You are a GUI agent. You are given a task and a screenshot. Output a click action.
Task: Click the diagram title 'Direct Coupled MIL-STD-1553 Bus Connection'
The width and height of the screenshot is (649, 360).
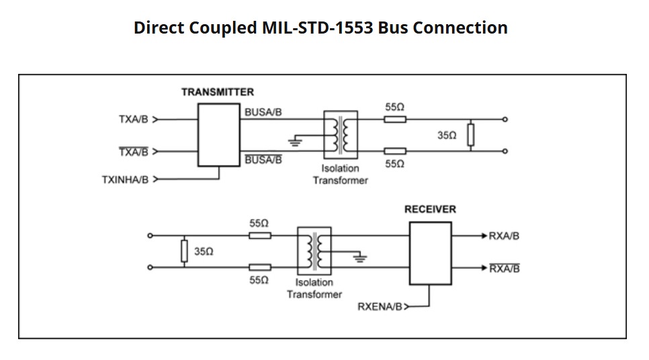(x=320, y=28)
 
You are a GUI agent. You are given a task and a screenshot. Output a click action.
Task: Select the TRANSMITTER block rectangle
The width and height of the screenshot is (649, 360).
(x=218, y=134)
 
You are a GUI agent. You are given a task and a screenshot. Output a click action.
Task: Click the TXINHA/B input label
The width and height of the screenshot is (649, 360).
(x=126, y=179)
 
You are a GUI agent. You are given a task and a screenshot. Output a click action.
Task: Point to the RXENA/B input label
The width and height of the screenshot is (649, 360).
(x=380, y=306)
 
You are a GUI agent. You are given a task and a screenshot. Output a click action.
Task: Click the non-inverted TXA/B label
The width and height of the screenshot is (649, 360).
(x=133, y=120)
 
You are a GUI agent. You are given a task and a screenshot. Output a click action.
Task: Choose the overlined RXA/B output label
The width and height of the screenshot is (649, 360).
(x=504, y=269)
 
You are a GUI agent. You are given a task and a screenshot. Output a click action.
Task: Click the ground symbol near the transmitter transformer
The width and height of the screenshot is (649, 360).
(x=293, y=142)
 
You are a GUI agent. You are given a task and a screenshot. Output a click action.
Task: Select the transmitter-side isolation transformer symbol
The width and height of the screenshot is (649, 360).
(x=341, y=135)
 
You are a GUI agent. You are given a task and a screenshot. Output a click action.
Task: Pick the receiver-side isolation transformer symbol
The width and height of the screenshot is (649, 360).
(x=314, y=251)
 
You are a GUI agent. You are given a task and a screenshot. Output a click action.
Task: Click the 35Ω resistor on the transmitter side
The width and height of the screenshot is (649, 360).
(x=472, y=136)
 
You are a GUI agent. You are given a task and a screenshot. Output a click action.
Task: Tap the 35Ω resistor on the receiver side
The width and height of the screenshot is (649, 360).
(x=183, y=251)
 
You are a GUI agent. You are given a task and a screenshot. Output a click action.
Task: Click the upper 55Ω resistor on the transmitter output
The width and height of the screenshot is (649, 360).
(x=395, y=120)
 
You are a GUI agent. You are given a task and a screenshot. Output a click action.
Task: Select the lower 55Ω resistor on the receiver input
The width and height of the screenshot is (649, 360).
(x=260, y=267)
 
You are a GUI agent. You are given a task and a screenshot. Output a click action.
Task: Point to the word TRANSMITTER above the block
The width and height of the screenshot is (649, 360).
(x=218, y=92)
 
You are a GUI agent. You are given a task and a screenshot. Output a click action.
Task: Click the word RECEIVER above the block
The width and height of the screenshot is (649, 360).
(x=430, y=210)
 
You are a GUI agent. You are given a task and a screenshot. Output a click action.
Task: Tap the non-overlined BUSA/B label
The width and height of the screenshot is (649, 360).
(x=263, y=112)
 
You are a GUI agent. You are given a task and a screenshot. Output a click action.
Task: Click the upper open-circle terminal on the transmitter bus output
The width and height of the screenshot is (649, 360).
(x=505, y=120)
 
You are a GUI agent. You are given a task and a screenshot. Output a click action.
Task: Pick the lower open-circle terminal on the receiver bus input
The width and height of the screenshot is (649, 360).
(x=150, y=267)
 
